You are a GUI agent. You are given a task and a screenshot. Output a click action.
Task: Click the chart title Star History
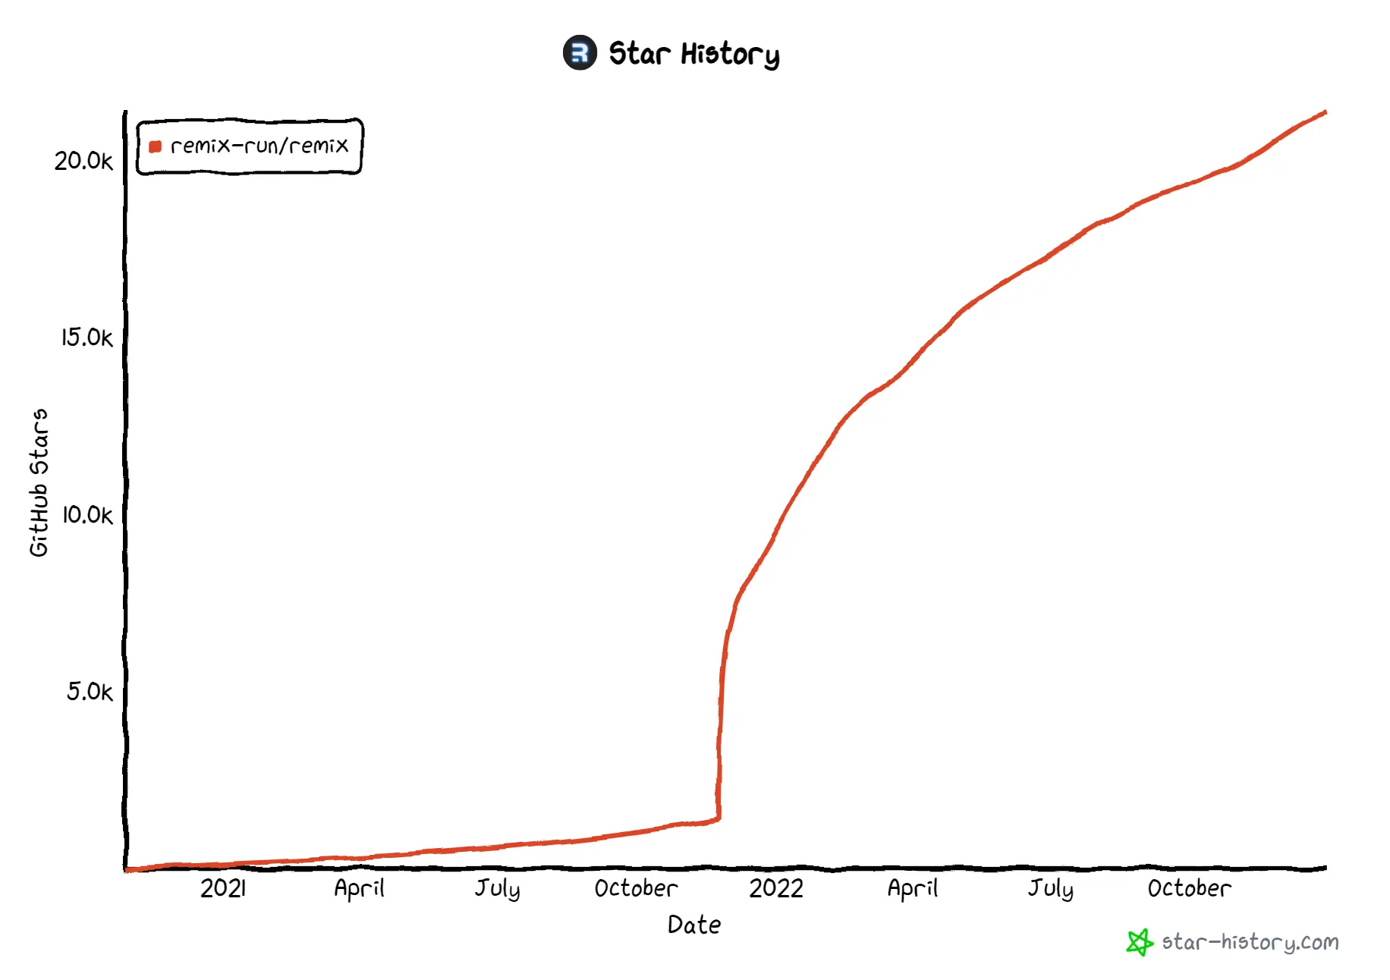pyautogui.click(x=693, y=54)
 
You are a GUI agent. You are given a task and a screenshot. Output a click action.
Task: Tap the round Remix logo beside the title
pyautogui.click(x=580, y=53)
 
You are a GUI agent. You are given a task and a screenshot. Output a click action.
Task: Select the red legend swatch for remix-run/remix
pyautogui.click(x=156, y=146)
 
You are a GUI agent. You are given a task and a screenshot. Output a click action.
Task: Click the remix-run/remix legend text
pyautogui.click(x=259, y=146)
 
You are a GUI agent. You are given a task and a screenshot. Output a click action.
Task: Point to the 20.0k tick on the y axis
pyautogui.click(x=83, y=161)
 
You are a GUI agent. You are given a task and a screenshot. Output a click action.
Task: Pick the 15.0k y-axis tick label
pyautogui.click(x=86, y=338)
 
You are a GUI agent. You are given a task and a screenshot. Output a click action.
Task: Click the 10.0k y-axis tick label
pyautogui.click(x=86, y=515)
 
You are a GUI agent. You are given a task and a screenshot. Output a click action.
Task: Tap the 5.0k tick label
pyautogui.click(x=90, y=692)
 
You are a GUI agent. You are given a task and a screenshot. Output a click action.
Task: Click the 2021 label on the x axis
pyautogui.click(x=223, y=888)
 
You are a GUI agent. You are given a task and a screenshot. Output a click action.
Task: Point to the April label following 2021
pyautogui.click(x=359, y=888)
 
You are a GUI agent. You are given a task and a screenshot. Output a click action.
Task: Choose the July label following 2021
pyautogui.click(x=498, y=888)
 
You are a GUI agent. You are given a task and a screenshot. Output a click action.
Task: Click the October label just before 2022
pyautogui.click(x=636, y=888)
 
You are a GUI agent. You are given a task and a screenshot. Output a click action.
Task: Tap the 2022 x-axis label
pyautogui.click(x=775, y=888)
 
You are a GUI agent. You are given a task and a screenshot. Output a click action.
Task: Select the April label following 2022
pyautogui.click(x=913, y=888)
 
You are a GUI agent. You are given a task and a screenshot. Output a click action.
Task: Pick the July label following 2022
pyautogui.click(x=1051, y=888)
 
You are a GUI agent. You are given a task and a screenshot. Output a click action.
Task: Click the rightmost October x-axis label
pyautogui.click(x=1189, y=888)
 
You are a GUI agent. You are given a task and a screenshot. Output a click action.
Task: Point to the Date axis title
pyautogui.click(x=694, y=925)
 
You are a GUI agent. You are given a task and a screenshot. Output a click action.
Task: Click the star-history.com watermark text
pyautogui.click(x=1250, y=943)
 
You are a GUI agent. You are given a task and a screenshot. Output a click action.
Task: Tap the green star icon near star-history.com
pyautogui.click(x=1139, y=943)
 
